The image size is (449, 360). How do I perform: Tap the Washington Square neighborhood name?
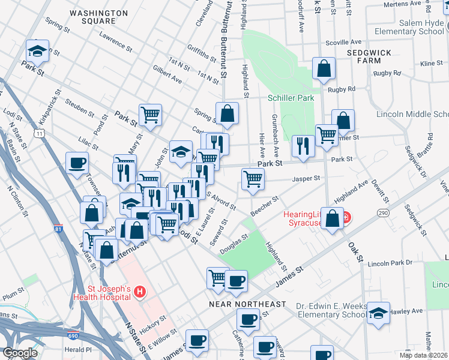98,16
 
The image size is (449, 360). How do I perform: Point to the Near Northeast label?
247,304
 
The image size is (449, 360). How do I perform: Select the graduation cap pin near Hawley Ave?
378,313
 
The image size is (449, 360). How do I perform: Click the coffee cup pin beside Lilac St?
77,163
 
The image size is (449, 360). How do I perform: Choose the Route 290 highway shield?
382,213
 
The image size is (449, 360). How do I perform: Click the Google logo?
20,353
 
